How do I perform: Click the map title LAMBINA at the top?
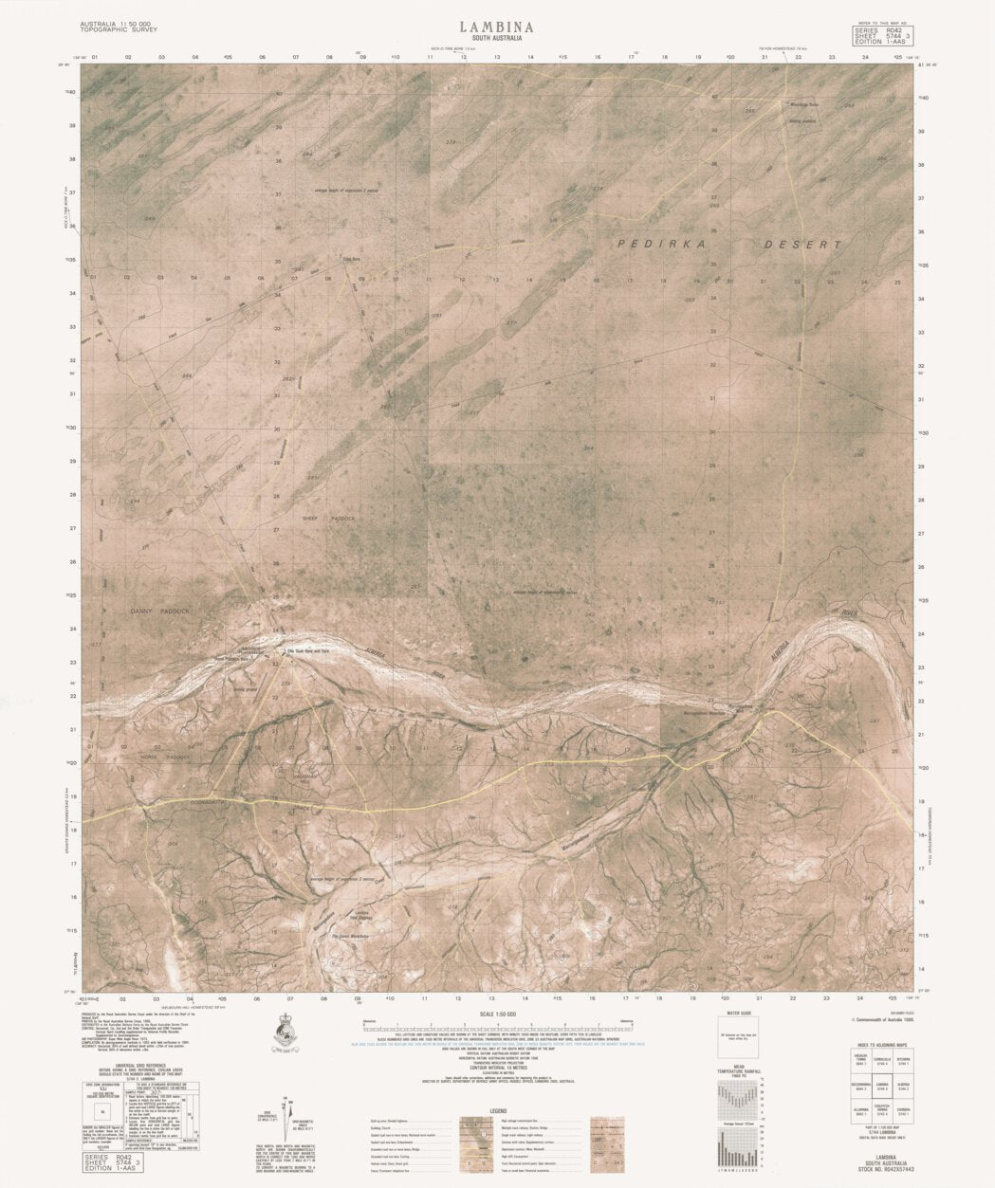[x=496, y=27]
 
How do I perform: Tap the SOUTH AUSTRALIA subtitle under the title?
[x=496, y=40]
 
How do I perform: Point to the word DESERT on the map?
[x=803, y=245]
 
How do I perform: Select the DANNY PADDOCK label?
[x=159, y=612]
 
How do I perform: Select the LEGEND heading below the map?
[x=496, y=1111]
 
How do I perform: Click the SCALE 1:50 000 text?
[x=496, y=1014]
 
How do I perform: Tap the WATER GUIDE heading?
[x=737, y=1014]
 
